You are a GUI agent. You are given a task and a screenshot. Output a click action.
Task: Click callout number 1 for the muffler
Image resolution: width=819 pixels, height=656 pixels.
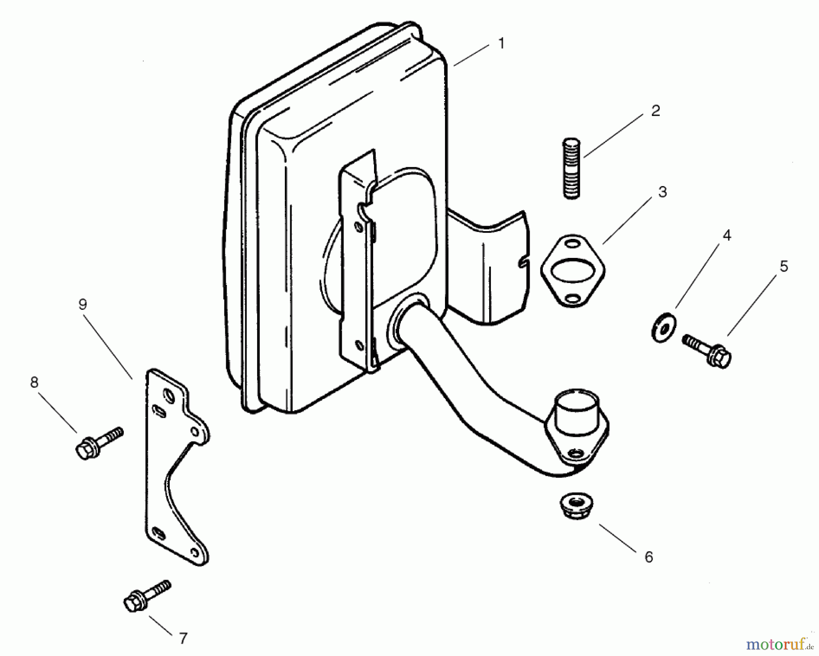501,44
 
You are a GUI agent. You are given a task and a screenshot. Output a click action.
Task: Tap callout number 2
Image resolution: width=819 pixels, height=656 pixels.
655,111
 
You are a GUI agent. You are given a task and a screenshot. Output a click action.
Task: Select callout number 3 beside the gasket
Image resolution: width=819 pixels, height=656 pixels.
662,192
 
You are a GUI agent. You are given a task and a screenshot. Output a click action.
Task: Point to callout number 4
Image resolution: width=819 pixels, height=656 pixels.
727,235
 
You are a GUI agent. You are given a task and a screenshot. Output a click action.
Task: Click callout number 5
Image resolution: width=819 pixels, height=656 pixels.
783,266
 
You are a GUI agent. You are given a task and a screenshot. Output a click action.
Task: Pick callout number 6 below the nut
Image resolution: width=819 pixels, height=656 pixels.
648,557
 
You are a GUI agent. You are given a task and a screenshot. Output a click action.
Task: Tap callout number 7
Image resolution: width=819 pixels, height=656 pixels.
183,639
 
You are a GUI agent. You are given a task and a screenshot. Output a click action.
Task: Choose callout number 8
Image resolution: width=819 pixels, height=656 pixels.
34,383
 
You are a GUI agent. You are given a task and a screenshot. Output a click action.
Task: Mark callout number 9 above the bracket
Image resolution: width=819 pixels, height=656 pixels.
82,304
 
